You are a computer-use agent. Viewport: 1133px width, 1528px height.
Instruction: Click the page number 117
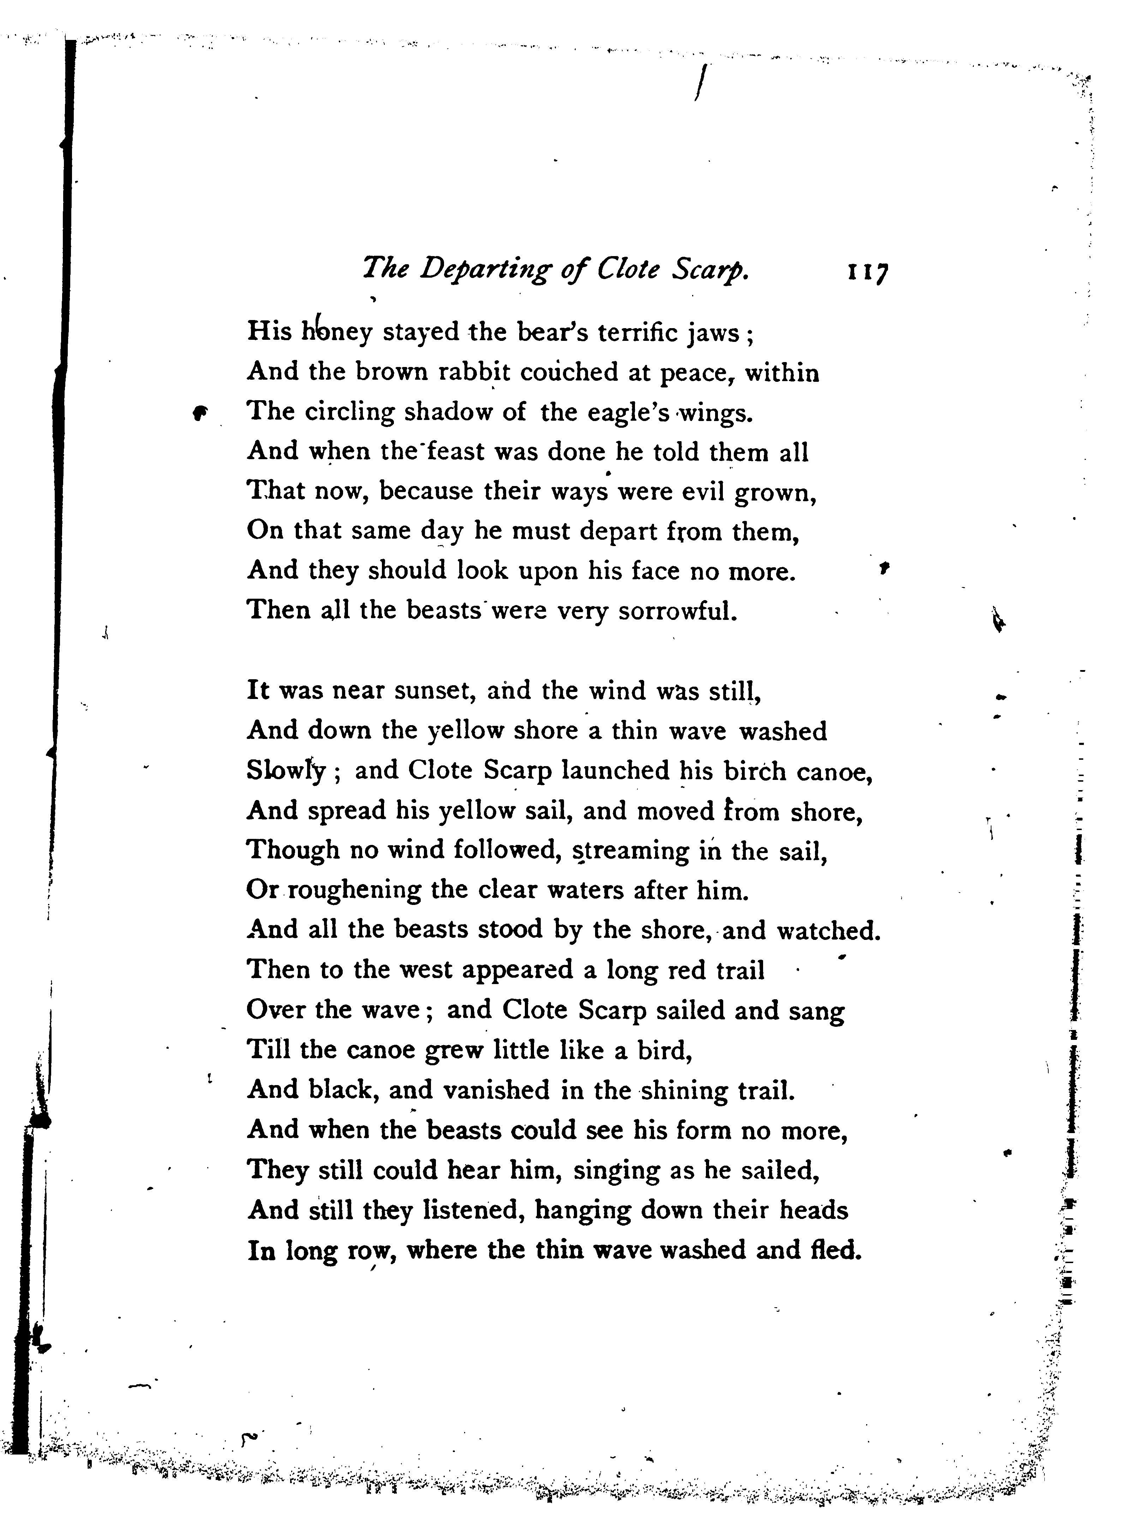click(x=868, y=270)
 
